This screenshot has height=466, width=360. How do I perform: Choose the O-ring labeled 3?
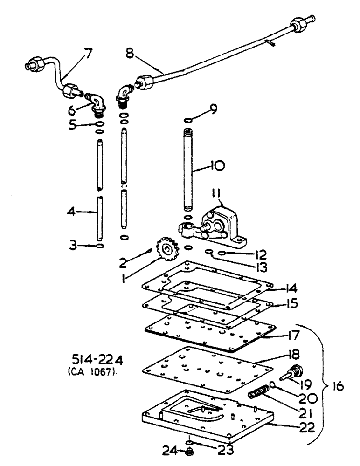pyautogui.click(x=98, y=245)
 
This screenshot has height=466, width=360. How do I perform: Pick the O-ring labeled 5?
pyautogui.click(x=98, y=124)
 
